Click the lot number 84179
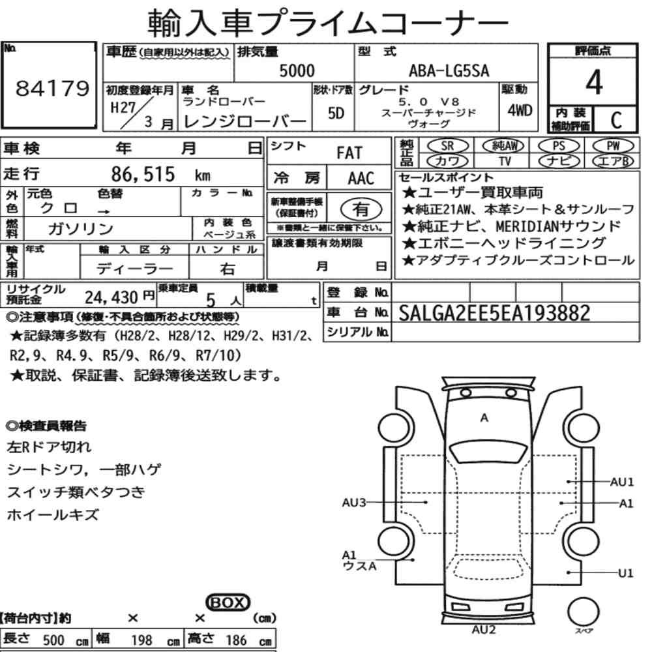coord(52,88)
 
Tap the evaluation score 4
coord(594,82)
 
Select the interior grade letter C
coord(616,120)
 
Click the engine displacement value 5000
coord(297,70)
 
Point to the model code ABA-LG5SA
coord(449,70)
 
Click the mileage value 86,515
coord(143,174)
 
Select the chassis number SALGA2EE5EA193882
coord(494,313)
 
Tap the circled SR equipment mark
coord(448,145)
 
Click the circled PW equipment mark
coord(614,145)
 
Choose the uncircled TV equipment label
coord(505,161)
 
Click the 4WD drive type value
coord(520,111)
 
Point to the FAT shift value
coord(349,153)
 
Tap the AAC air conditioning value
coord(361,179)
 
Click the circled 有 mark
coord(361,209)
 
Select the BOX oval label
coord(228,602)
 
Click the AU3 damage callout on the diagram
coord(354,503)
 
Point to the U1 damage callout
coord(625,573)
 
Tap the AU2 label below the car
coord(484,630)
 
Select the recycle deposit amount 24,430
coord(111,297)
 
